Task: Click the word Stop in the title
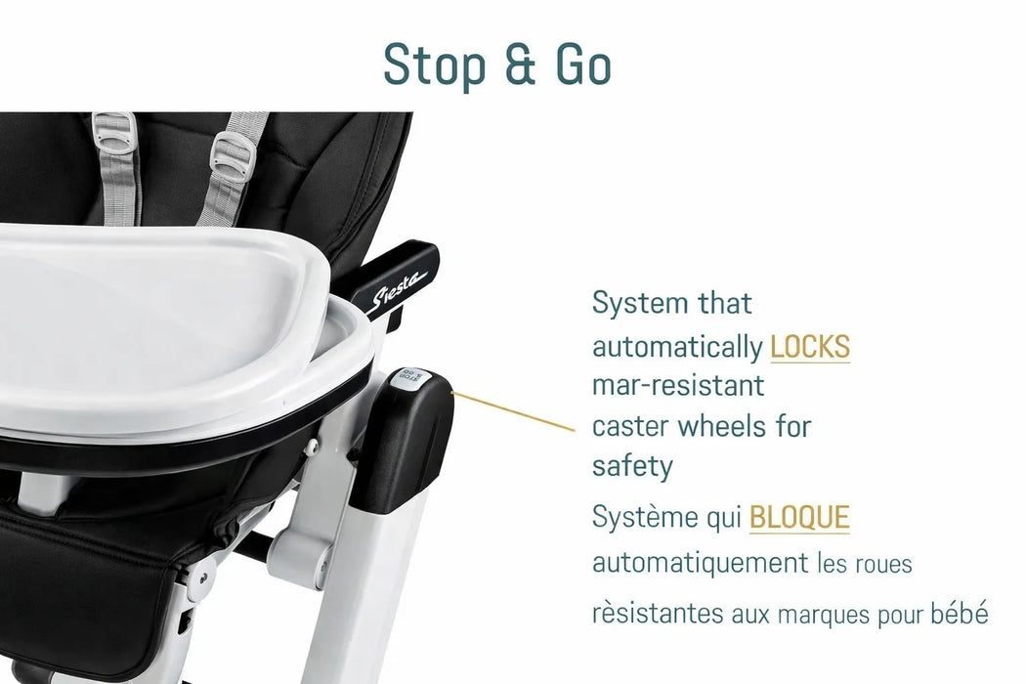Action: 432,64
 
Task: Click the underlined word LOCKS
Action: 810,346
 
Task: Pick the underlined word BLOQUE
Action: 799,518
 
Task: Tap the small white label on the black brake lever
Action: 405,379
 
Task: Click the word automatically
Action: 677,346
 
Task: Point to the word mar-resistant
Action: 678,385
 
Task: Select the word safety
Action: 632,466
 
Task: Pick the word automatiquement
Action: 698,563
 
